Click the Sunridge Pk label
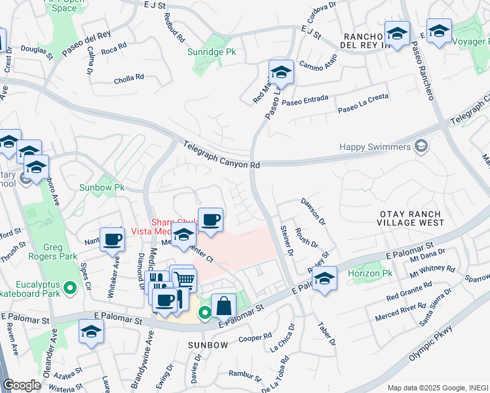211,51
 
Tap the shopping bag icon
223,305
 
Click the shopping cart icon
185,280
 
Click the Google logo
22,385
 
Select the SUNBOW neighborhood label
208,345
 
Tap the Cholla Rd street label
129,78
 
